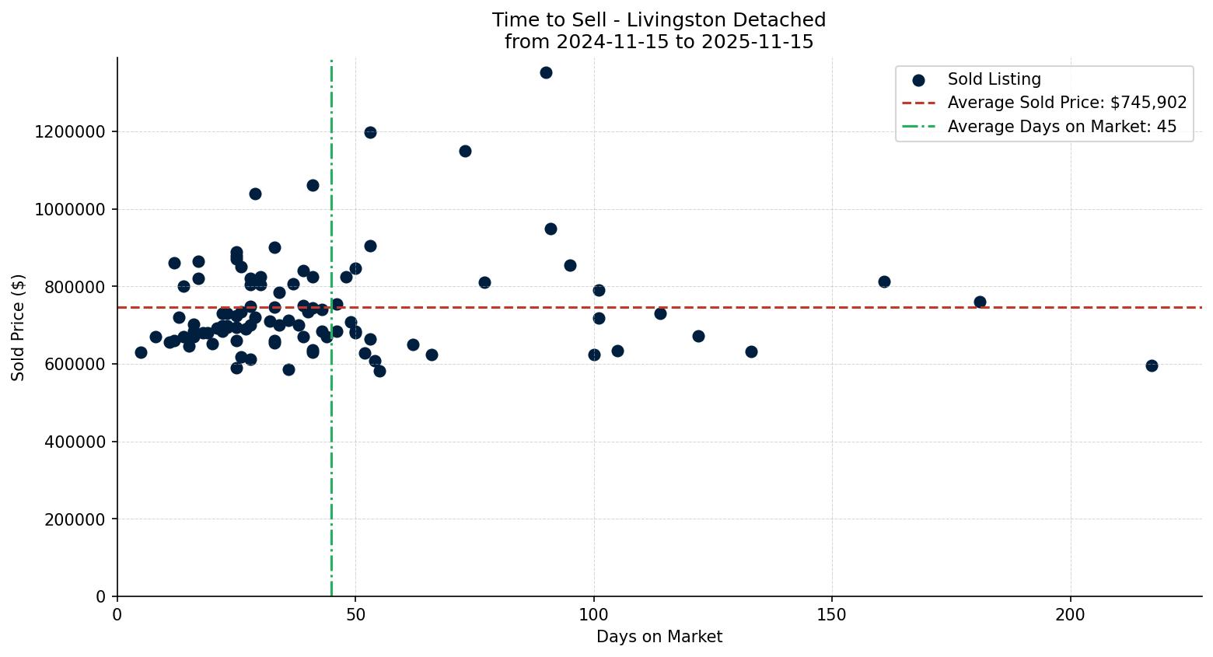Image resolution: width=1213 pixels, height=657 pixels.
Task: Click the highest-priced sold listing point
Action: pyautogui.click(x=546, y=73)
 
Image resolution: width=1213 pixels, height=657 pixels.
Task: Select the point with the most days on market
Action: pyautogui.click(x=1152, y=365)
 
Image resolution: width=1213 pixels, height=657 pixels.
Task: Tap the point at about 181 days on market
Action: pyautogui.click(x=980, y=302)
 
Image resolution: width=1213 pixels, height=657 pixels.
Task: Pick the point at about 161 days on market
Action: pyautogui.click(x=884, y=281)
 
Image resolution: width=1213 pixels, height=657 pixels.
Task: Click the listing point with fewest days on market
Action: pyautogui.click(x=141, y=352)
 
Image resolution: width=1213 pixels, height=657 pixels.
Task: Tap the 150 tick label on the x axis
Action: pyautogui.click(x=832, y=614)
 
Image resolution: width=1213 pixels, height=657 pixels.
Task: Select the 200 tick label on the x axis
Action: pyautogui.click(x=1070, y=614)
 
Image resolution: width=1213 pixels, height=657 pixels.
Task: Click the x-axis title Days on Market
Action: pyautogui.click(x=659, y=638)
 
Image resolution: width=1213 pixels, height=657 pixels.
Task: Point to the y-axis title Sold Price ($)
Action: pyautogui.click(x=19, y=327)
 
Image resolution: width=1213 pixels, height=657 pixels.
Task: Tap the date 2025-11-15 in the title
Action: pyautogui.click(x=759, y=42)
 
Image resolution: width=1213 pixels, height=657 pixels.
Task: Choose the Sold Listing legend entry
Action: pyautogui.click(x=994, y=79)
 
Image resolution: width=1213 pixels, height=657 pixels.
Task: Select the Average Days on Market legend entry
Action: pyautogui.click(x=1061, y=127)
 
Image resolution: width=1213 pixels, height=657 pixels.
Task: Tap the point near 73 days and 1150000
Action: pyautogui.click(x=465, y=151)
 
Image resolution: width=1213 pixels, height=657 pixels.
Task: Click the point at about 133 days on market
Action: pyautogui.click(x=751, y=351)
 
